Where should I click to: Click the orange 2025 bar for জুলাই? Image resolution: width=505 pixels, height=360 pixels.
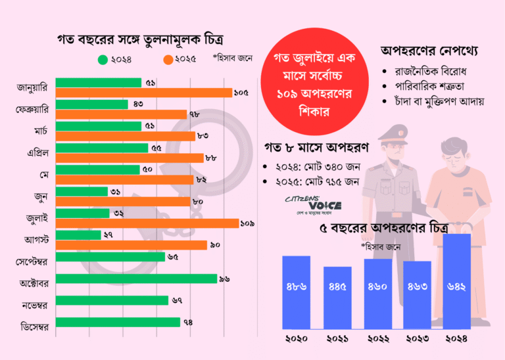click(x=147, y=223)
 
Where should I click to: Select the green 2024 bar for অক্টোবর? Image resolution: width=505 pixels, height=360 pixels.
click(x=136, y=279)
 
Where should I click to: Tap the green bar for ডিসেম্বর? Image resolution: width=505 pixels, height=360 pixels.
click(x=118, y=322)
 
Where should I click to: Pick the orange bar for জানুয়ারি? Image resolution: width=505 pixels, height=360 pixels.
click(x=144, y=93)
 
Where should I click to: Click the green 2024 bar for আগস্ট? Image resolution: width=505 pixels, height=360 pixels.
click(x=78, y=235)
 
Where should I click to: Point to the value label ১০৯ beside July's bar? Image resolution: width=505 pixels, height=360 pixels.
click(x=248, y=224)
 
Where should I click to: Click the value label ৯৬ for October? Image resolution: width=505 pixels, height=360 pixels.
click(x=224, y=279)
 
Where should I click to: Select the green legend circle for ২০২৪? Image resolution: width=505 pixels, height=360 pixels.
click(x=103, y=60)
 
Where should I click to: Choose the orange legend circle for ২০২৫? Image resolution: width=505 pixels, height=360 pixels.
click(x=168, y=60)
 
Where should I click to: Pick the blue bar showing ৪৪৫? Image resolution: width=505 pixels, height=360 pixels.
click(x=337, y=297)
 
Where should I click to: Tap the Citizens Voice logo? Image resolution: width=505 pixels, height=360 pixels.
click(x=312, y=203)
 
